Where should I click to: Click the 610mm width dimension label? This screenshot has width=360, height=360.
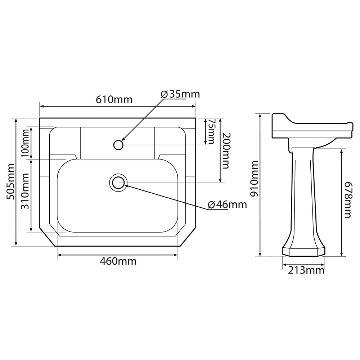(114, 99)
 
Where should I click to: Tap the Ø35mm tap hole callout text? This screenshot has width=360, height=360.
(180, 94)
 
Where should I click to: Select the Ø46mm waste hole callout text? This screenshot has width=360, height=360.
(227, 204)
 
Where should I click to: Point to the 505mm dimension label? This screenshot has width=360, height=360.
(11, 181)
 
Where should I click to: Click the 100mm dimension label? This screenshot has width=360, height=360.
(25, 143)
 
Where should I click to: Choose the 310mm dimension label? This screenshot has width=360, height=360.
(25, 191)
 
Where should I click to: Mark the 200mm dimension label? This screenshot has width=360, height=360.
(225, 151)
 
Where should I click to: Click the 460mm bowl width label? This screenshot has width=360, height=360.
(118, 261)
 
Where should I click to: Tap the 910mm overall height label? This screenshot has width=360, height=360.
(254, 179)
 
